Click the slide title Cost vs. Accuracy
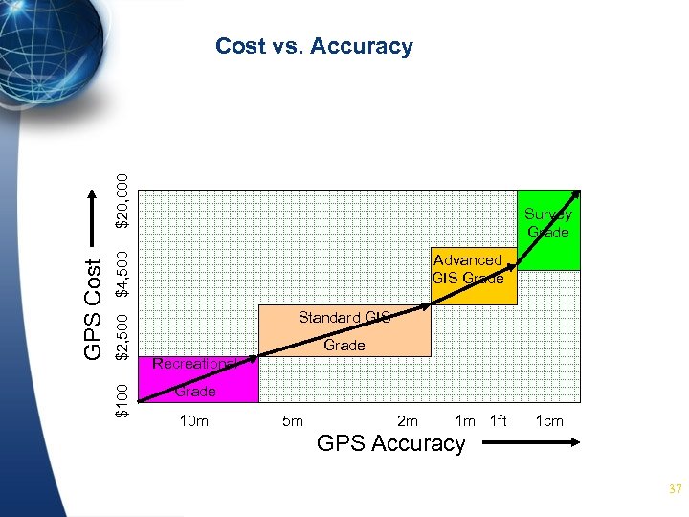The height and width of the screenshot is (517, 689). (314, 46)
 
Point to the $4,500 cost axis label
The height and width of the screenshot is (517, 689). (122, 272)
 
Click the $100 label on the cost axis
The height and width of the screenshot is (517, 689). (122, 399)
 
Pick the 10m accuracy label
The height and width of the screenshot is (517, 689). (194, 420)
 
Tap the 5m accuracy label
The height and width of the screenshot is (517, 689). (293, 420)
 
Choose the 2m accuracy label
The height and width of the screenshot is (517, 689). (407, 420)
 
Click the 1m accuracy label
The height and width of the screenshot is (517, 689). (465, 420)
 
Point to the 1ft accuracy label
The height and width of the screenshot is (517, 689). (498, 420)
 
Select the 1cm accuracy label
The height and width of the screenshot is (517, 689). (548, 420)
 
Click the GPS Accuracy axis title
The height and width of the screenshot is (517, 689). (390, 443)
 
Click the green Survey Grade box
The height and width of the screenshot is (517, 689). (548, 230)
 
